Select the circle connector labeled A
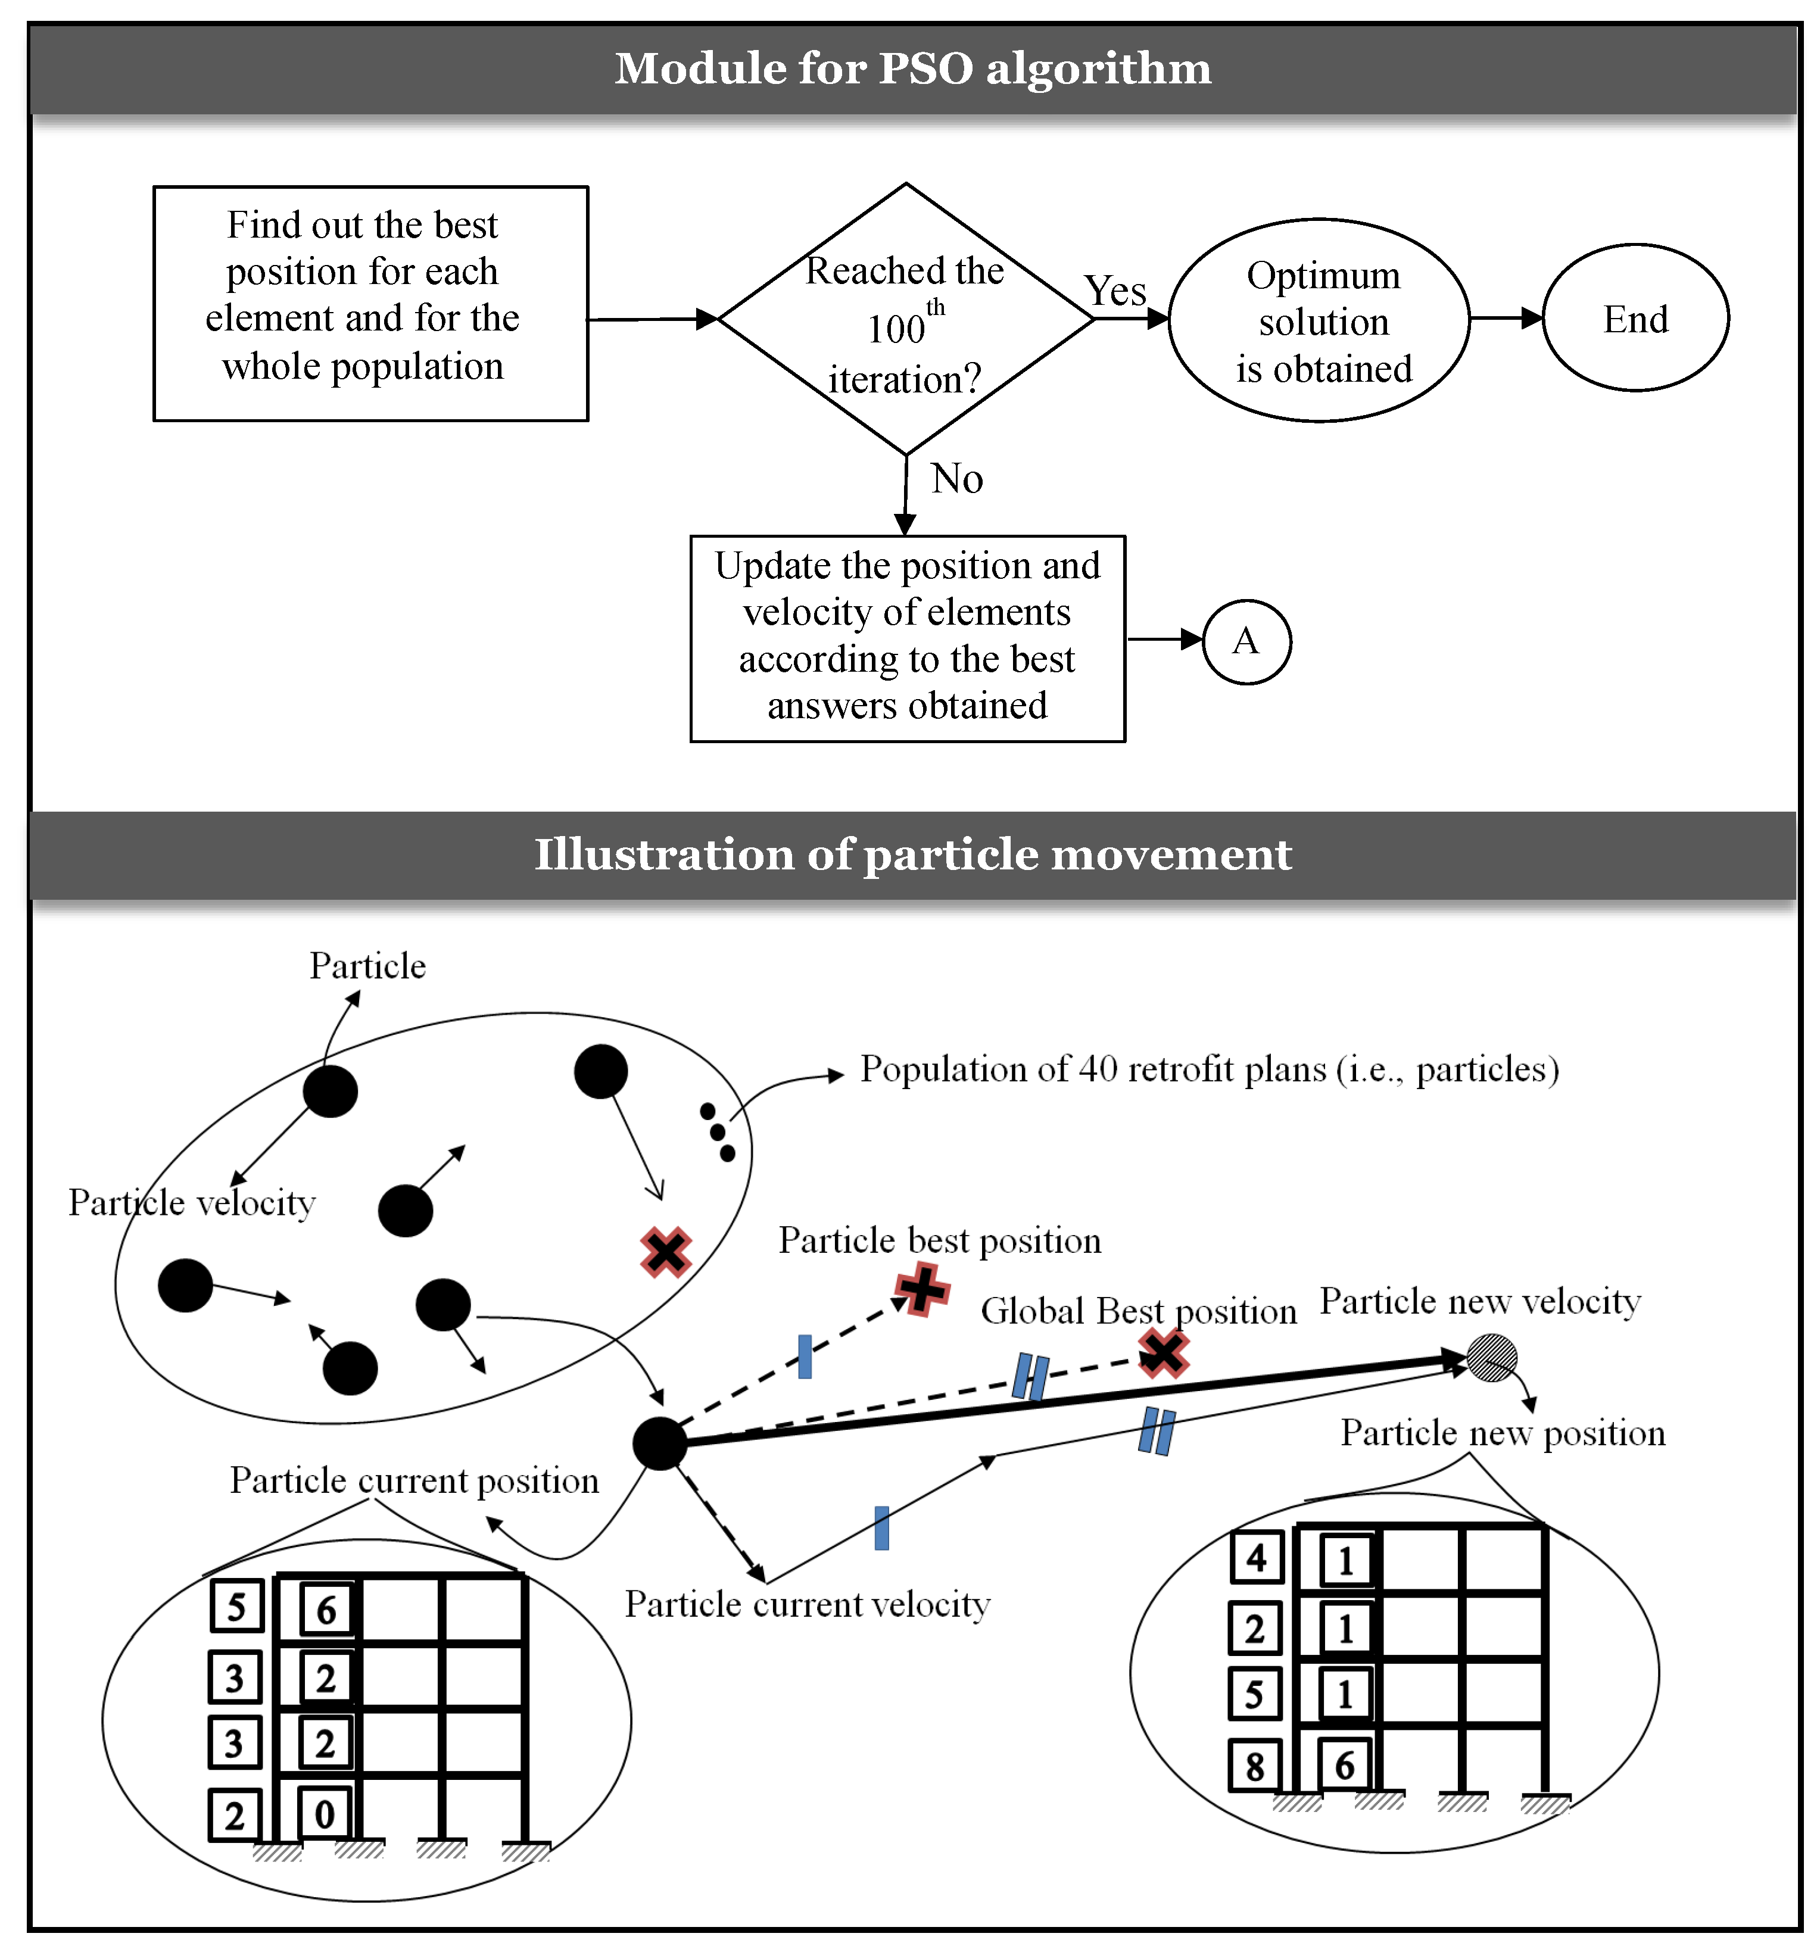(1245, 641)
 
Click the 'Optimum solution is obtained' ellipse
(1319, 320)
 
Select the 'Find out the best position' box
(370, 303)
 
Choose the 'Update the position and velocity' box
(907, 637)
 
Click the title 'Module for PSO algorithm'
(912, 68)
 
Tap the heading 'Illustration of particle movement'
(912, 854)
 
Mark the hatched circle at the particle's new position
(1491, 1358)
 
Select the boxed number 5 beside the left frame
(236, 1606)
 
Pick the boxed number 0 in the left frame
(325, 1814)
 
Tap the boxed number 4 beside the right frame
(1256, 1557)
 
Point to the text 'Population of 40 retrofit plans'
(1209, 1069)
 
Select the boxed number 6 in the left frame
(326, 1610)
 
